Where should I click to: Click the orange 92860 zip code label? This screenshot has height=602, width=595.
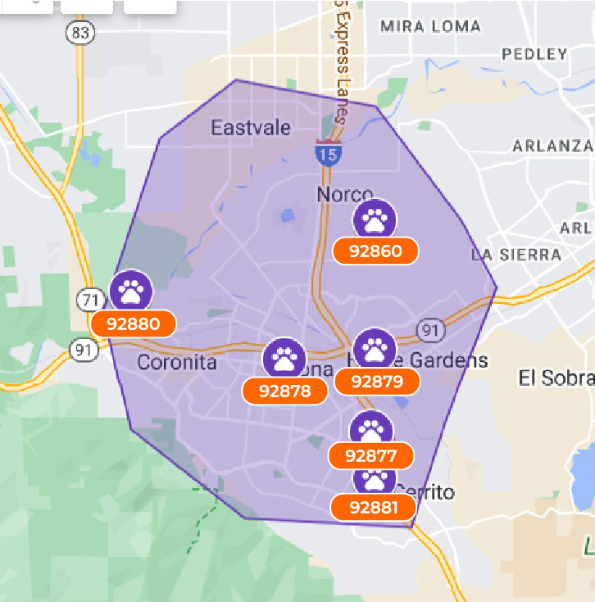point(376,251)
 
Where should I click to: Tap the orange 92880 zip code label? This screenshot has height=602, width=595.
point(134,324)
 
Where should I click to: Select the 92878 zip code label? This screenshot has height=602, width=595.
point(285,391)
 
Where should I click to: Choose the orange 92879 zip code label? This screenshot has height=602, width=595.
point(376,381)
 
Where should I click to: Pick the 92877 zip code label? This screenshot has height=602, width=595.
point(371,455)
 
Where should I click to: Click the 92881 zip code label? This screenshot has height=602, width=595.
point(373,508)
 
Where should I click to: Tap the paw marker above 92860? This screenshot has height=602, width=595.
point(375,220)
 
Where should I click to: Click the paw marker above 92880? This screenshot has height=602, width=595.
point(131,290)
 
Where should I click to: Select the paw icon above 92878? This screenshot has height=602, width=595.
point(284,359)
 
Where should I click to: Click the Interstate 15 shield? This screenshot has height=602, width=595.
point(327,153)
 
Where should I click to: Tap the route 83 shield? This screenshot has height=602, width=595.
point(79,32)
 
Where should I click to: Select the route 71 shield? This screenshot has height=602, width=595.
point(89,300)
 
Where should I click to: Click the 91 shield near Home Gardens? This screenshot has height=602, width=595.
point(429,330)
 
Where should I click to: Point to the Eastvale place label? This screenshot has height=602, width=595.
point(251,128)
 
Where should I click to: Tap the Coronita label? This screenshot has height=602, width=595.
point(177,362)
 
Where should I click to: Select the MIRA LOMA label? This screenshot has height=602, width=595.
point(430,26)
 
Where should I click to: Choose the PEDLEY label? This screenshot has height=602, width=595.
point(534,54)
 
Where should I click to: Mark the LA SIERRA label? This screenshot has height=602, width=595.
point(516,255)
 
